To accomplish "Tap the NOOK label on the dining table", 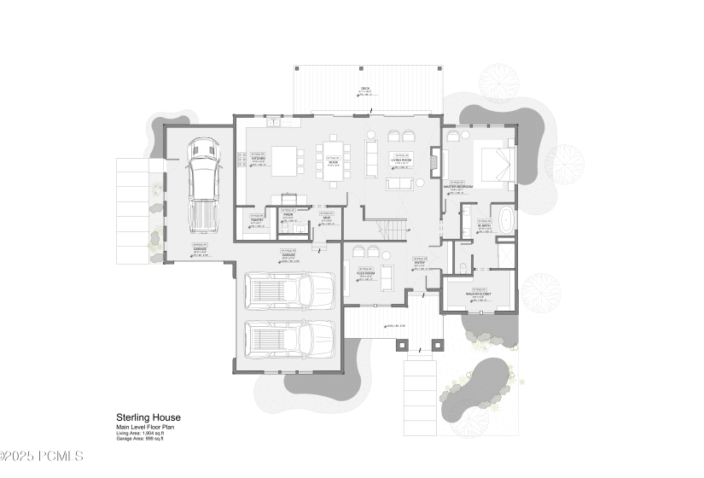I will [333, 160].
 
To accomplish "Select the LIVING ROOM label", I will [402, 160].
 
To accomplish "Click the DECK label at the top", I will [365, 90].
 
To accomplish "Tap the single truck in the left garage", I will [202, 184].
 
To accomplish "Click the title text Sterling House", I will [148, 417].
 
